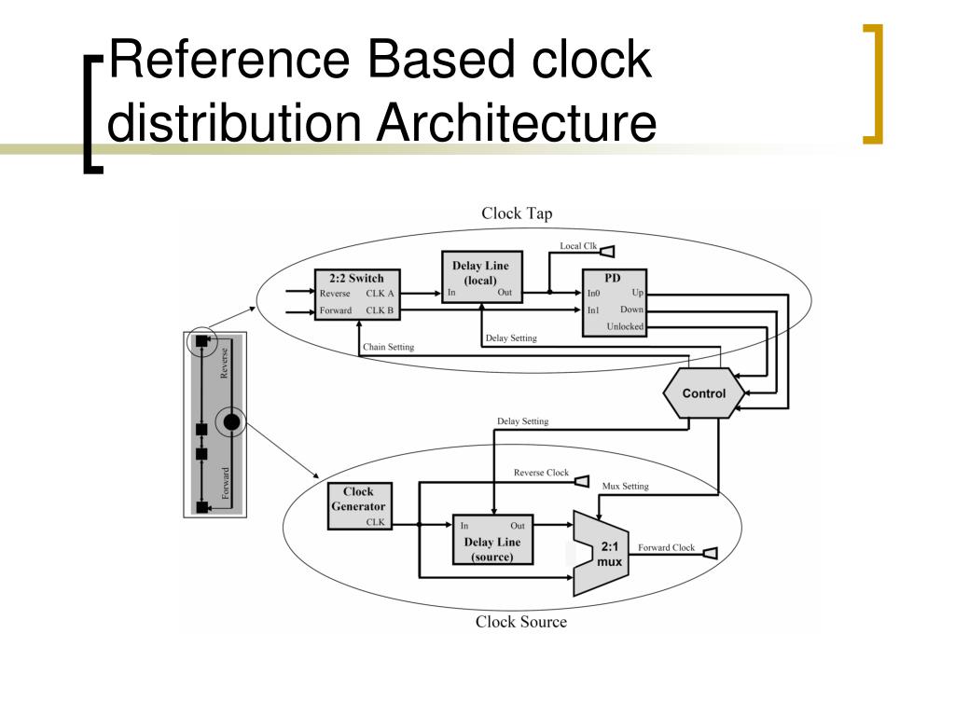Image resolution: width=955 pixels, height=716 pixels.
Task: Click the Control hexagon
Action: point(704,393)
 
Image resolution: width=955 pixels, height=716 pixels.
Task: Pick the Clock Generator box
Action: point(358,506)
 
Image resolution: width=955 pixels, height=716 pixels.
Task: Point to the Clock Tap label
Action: point(517,213)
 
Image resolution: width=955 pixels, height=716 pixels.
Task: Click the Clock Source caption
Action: point(520,622)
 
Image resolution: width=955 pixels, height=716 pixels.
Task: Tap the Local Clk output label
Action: point(578,246)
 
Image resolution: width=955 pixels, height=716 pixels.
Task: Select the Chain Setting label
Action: point(389,347)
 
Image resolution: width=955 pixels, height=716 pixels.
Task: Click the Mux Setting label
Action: point(625,486)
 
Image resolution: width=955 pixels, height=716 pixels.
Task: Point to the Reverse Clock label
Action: point(541,473)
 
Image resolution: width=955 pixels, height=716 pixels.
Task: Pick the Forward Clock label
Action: point(666,547)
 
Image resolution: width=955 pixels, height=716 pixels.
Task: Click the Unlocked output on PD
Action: point(625,326)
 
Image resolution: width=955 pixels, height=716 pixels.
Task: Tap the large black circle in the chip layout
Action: point(231,422)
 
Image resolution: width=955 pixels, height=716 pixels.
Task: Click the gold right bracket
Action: point(874,84)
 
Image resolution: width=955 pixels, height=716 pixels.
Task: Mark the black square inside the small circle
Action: point(201,341)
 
